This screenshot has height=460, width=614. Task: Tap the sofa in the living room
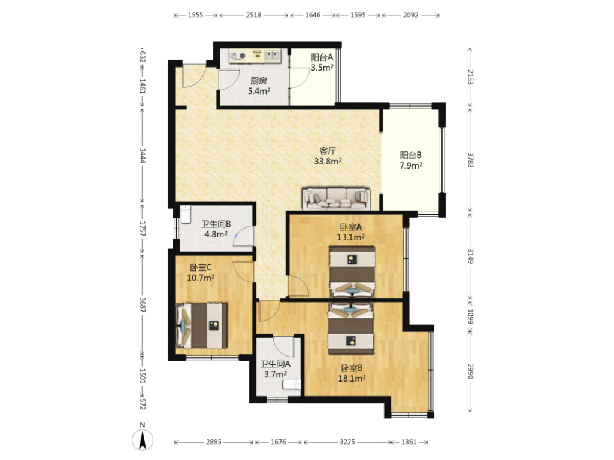pos(336,199)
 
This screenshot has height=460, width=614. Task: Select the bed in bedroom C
pos(201,325)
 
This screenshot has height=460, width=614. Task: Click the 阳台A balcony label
pos(322,57)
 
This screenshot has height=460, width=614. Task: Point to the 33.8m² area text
pos(328,161)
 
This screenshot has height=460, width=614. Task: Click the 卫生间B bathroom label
pos(216,224)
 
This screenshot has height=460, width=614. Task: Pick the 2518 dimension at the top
pos(253,16)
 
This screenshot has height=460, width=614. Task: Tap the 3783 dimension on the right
pos(470,160)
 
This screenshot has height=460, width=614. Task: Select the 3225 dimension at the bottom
pos(347,442)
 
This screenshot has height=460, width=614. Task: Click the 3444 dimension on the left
pos(143,156)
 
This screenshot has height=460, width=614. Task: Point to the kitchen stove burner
pos(243,56)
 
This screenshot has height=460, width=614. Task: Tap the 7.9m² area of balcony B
pos(411,166)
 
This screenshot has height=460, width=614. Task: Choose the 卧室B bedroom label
pos(352,368)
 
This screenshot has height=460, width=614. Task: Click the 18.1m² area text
pos(352,378)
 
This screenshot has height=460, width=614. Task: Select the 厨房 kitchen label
pos(259,81)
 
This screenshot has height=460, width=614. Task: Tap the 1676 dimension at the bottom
pos(278,442)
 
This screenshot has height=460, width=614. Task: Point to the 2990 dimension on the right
pos(470,371)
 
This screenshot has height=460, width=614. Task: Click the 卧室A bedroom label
pos(351,227)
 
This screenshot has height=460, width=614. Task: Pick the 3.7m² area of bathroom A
pos(276,374)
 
